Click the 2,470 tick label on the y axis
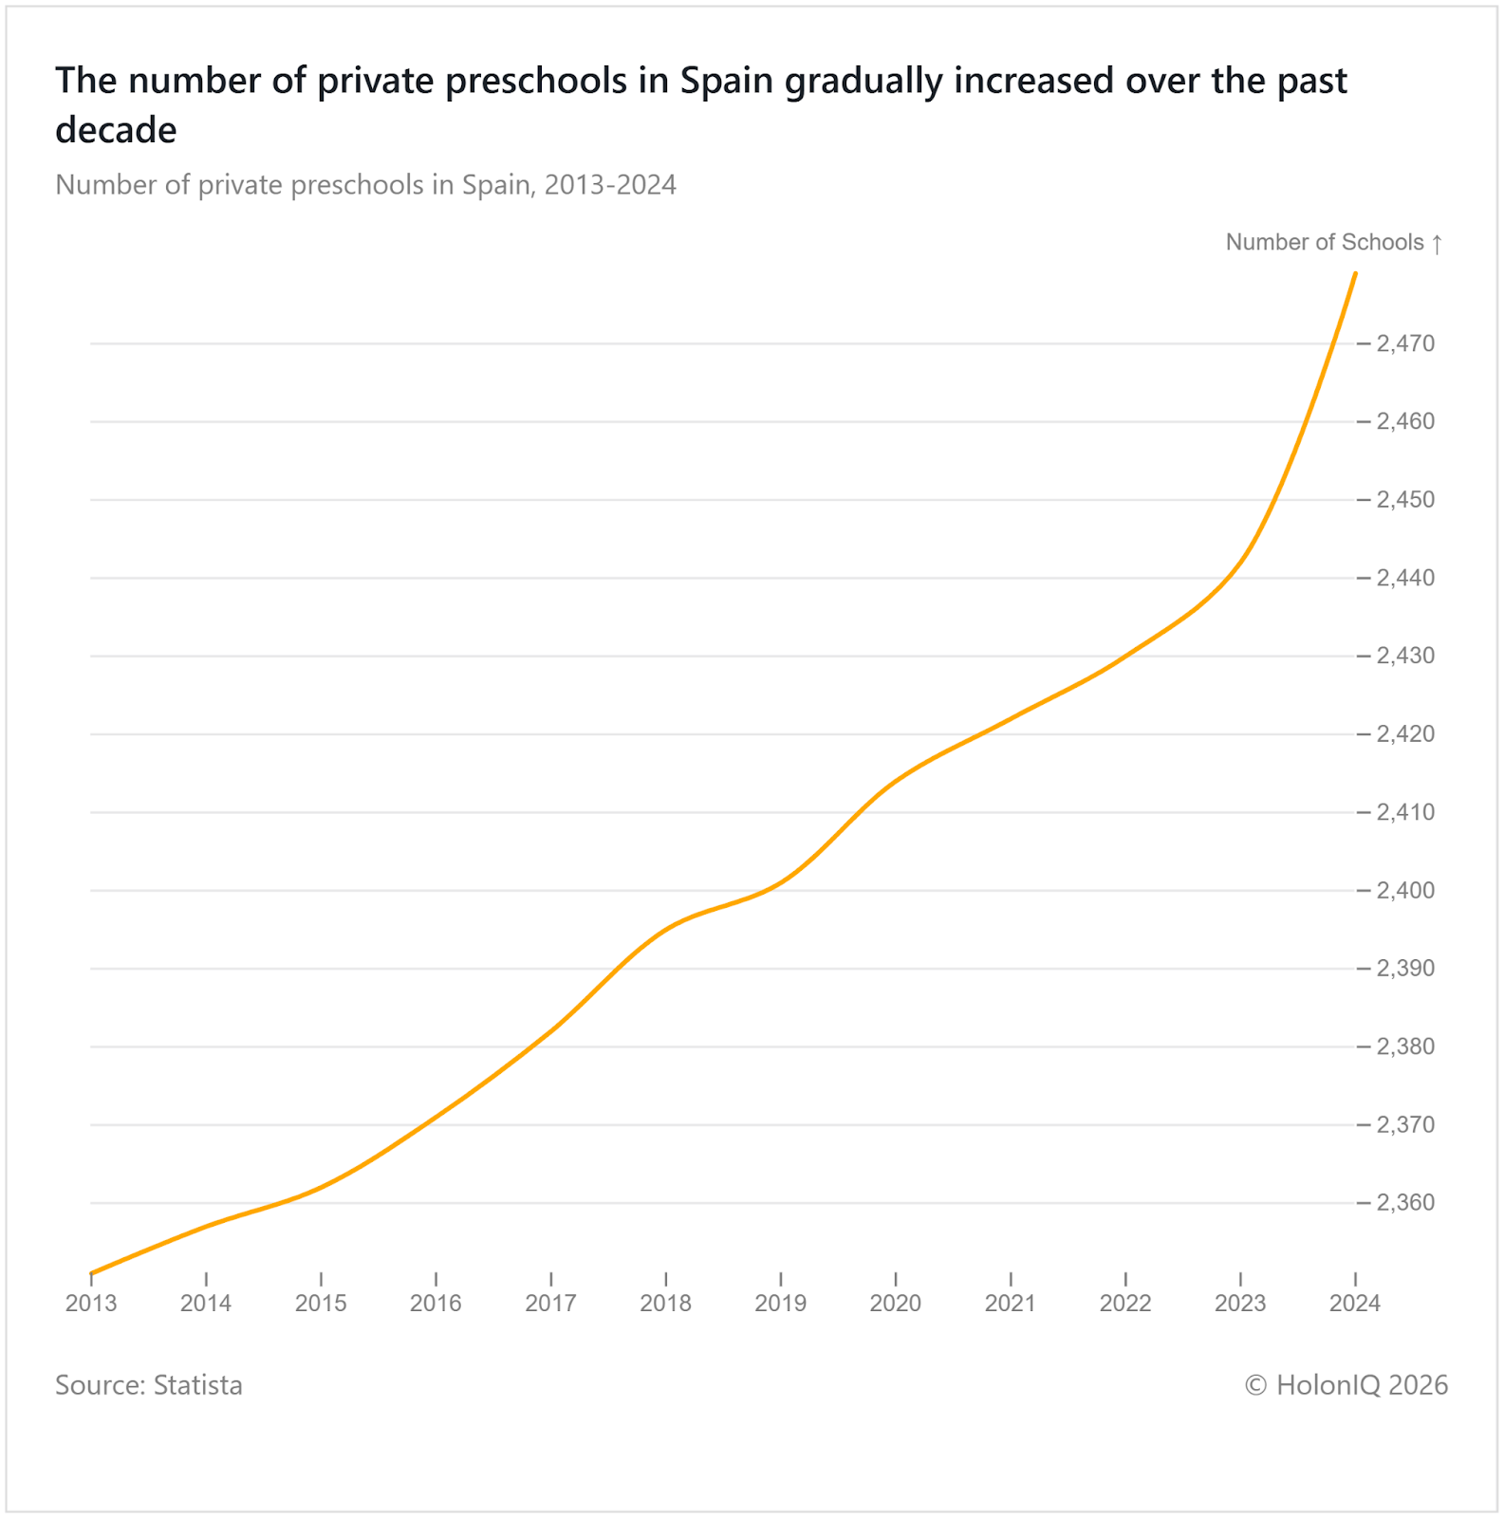pos(1405,343)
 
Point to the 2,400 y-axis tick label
pos(1405,891)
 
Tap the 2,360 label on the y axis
pos(1405,1203)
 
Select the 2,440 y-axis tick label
pos(1405,578)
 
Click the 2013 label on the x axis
pos(91,1304)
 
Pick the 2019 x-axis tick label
pos(780,1304)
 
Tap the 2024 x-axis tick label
pos(1355,1304)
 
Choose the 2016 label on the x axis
pos(436,1304)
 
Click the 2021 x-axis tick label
pos(1011,1304)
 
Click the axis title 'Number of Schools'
pos(1325,243)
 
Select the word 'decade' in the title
pos(116,131)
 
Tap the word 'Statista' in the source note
pos(197,1385)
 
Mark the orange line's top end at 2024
pos(1355,274)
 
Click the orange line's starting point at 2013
pos(91,1273)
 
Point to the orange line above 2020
pos(896,781)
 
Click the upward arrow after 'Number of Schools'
pos(1438,244)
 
